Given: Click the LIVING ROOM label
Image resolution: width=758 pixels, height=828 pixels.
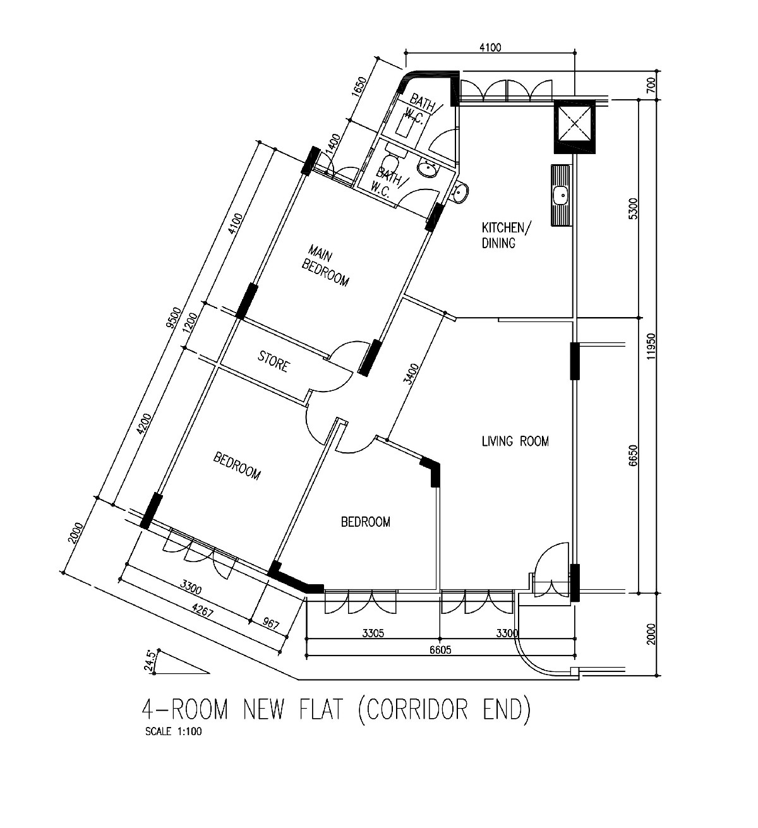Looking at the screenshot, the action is point(515,441).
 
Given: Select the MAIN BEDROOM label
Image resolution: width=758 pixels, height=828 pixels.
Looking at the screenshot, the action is point(326,265).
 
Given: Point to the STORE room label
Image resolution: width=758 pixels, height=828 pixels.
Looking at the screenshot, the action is point(274,361).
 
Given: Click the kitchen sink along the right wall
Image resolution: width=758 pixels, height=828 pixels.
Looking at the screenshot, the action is point(561,195).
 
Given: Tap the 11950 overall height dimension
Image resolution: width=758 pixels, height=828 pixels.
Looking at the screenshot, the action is point(651,346).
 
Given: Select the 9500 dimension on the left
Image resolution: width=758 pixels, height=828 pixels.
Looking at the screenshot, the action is point(174,318).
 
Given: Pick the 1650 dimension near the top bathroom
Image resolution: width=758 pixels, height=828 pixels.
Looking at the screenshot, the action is point(358,87).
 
